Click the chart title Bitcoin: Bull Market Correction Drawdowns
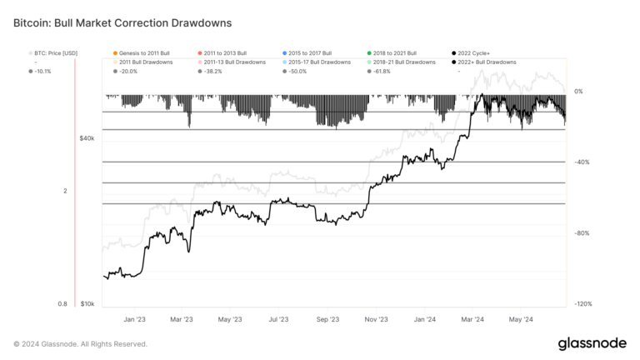coord(122,24)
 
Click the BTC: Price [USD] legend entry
coord(57,52)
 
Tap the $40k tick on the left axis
coord(87,138)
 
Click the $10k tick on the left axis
coord(87,304)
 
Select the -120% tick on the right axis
coord(582,304)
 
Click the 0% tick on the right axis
coord(579,92)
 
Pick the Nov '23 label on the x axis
coord(377,319)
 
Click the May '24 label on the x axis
coord(522,319)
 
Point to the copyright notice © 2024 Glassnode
coord(81,343)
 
